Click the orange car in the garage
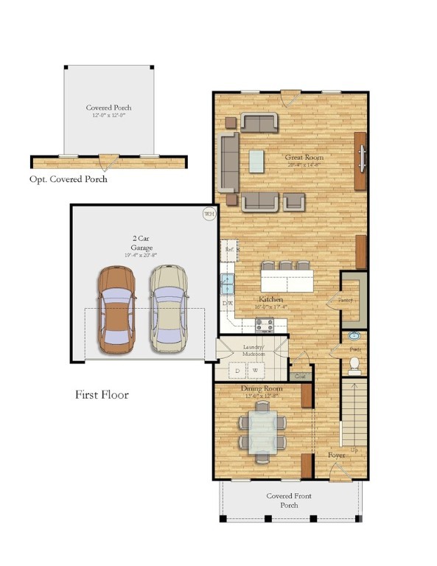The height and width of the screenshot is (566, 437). click(116, 308)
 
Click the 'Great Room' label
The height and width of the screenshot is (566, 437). click(304, 157)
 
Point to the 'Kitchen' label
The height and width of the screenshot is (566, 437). click(270, 300)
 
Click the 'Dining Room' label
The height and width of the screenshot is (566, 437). click(262, 388)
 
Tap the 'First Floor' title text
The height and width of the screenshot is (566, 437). click(102, 395)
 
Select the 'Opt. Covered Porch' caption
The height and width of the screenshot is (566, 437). click(69, 179)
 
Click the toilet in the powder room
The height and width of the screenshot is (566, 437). click(354, 363)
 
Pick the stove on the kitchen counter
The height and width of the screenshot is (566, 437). click(264, 324)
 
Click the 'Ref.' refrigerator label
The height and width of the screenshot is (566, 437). click(228, 251)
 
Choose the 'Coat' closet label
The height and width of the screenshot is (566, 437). click(300, 377)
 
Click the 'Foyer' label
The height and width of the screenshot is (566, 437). click(336, 455)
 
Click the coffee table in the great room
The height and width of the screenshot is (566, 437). click(256, 161)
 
